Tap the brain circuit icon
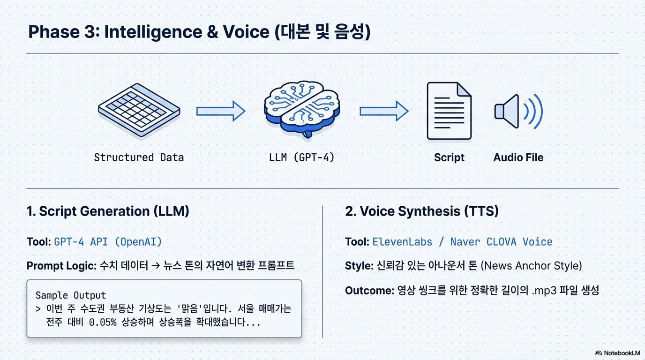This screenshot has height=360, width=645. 301,109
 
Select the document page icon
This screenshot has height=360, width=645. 449,111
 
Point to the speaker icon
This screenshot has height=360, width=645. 517,112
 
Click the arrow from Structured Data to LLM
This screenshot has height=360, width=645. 220,111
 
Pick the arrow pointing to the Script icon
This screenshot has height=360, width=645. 383,111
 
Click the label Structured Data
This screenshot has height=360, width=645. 139,157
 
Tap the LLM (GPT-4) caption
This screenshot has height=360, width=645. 302,157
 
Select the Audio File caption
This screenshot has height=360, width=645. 518,157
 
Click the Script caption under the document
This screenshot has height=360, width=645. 449,157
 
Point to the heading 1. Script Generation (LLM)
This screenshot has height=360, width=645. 108,211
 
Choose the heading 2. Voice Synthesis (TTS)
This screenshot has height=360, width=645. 421,211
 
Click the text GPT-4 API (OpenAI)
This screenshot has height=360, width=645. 108,242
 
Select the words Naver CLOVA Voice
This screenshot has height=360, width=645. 501,242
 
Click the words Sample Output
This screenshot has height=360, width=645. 71,295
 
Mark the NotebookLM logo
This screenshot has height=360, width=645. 617,353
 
